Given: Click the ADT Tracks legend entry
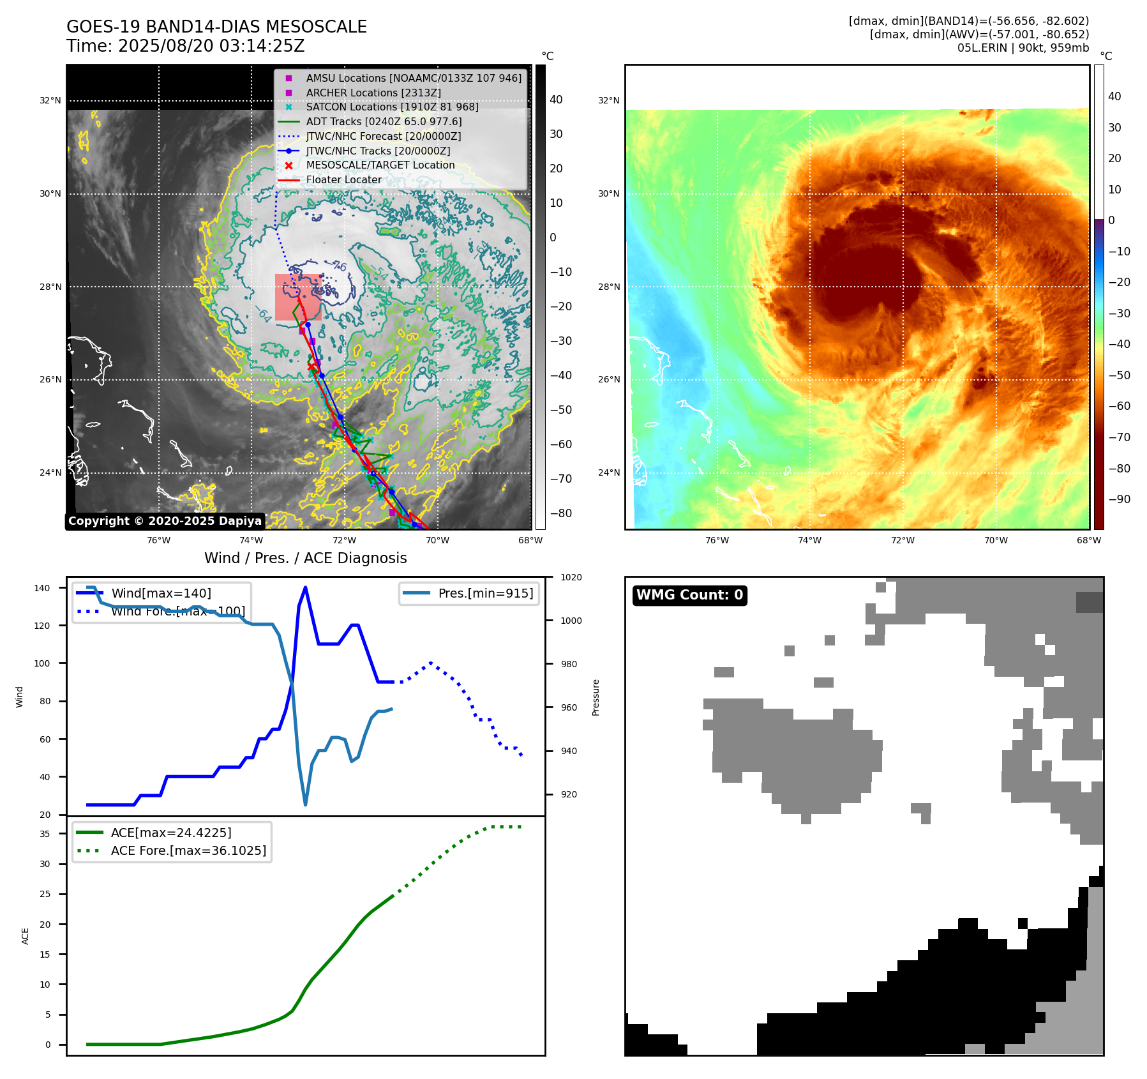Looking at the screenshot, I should click(x=384, y=121).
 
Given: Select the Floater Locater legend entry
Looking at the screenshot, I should click(x=343, y=179).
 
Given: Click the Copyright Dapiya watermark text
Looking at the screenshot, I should click(x=165, y=521).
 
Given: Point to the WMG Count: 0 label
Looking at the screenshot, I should click(x=689, y=595).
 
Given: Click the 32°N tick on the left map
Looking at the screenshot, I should click(x=50, y=100).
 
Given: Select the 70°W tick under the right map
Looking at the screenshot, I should click(x=996, y=540).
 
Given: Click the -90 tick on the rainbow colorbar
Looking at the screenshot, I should click(x=1119, y=499).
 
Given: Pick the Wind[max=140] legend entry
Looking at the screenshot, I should click(x=161, y=593).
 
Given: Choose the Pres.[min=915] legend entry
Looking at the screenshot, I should click(x=485, y=593).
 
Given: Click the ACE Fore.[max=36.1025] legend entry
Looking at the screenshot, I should click(x=188, y=850).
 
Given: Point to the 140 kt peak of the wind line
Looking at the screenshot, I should click(x=305, y=587).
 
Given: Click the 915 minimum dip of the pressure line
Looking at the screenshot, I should click(x=305, y=804).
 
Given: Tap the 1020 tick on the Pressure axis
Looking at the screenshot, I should click(x=571, y=577).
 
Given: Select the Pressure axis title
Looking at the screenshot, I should click(x=596, y=697).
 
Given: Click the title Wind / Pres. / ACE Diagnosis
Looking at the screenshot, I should click(x=305, y=558).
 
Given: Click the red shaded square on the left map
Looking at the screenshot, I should click(x=297, y=297).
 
